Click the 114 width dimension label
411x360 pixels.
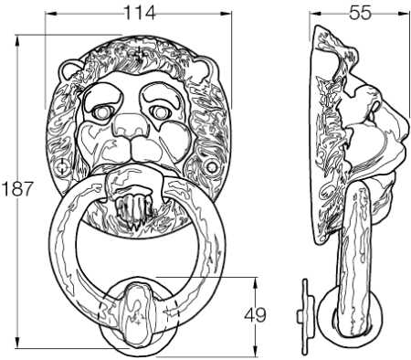pyautogui.click(x=140, y=13)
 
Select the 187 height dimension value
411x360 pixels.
pyautogui.click(x=16, y=188)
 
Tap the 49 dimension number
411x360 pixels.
pyautogui.click(x=255, y=315)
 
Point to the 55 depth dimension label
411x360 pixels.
pyautogui.click(x=360, y=13)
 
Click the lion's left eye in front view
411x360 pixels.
pyautogui.click(x=101, y=112)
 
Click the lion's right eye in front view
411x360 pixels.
pyautogui.click(x=159, y=112)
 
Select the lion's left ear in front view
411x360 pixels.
pyautogui.click(x=69, y=70)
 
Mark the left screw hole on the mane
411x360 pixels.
pyautogui.click(x=62, y=166)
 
